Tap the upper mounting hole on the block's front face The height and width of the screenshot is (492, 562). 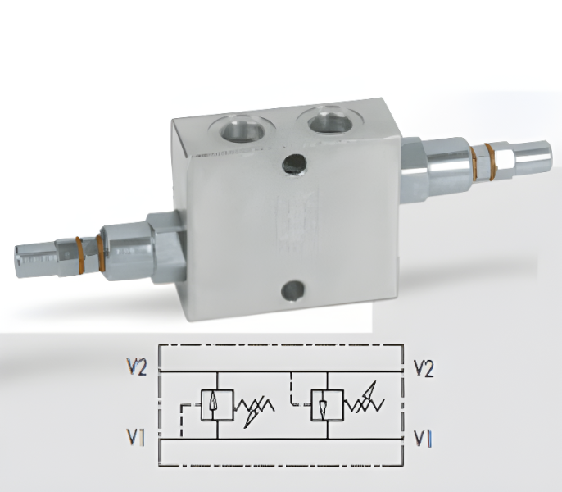click(x=294, y=165)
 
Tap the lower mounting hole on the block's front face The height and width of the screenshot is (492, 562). click(x=292, y=290)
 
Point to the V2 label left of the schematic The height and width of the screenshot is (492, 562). click(x=137, y=367)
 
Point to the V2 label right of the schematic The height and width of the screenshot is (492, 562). click(x=424, y=368)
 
